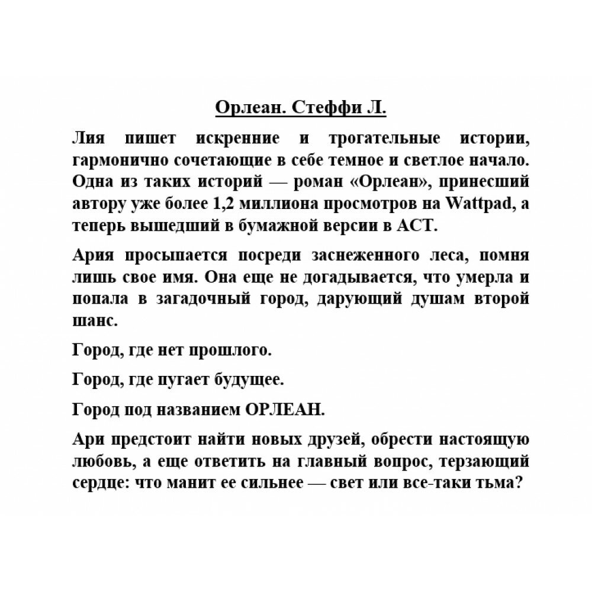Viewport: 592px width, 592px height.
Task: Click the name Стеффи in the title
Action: click(323, 109)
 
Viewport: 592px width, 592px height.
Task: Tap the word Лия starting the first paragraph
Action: click(86, 139)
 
